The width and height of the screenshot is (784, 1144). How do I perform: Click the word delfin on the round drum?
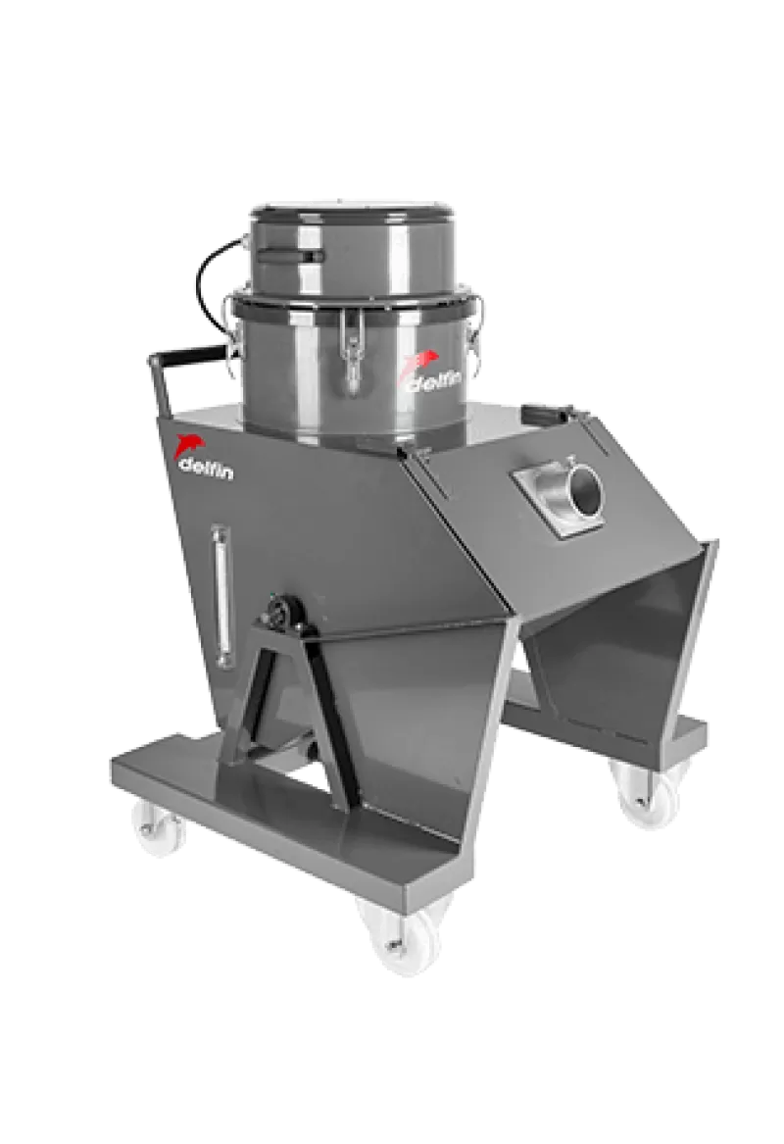coord(432,382)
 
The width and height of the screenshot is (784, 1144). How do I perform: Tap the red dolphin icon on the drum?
coord(420,363)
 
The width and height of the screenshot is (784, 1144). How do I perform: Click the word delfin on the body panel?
coord(206,470)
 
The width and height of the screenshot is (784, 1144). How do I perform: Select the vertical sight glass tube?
coord(220,596)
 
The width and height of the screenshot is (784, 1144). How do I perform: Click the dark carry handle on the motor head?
coord(290,255)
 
